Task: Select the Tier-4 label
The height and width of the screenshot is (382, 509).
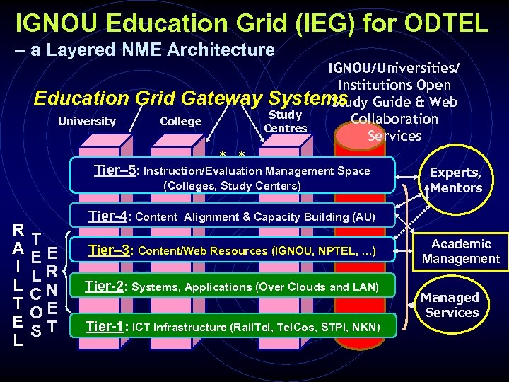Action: (110, 216)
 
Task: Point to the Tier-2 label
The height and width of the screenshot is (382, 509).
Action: (105, 286)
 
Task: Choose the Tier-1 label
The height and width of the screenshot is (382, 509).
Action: (106, 326)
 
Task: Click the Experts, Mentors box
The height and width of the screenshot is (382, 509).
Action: (455, 180)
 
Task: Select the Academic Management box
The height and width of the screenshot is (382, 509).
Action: (460, 251)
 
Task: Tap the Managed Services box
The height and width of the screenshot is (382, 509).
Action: (452, 305)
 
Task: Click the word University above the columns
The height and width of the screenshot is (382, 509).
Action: (86, 121)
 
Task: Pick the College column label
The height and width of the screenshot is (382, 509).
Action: (181, 121)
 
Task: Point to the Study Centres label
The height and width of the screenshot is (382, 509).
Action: (286, 121)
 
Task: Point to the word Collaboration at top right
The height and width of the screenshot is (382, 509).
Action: (394, 119)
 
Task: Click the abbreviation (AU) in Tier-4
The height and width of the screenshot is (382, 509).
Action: (361, 217)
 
